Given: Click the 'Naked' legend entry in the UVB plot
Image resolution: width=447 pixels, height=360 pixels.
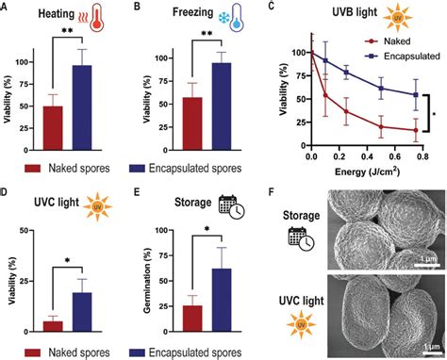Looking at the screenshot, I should tap(393, 41).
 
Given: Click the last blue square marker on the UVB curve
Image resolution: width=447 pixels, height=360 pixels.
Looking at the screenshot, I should tap(415, 94).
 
